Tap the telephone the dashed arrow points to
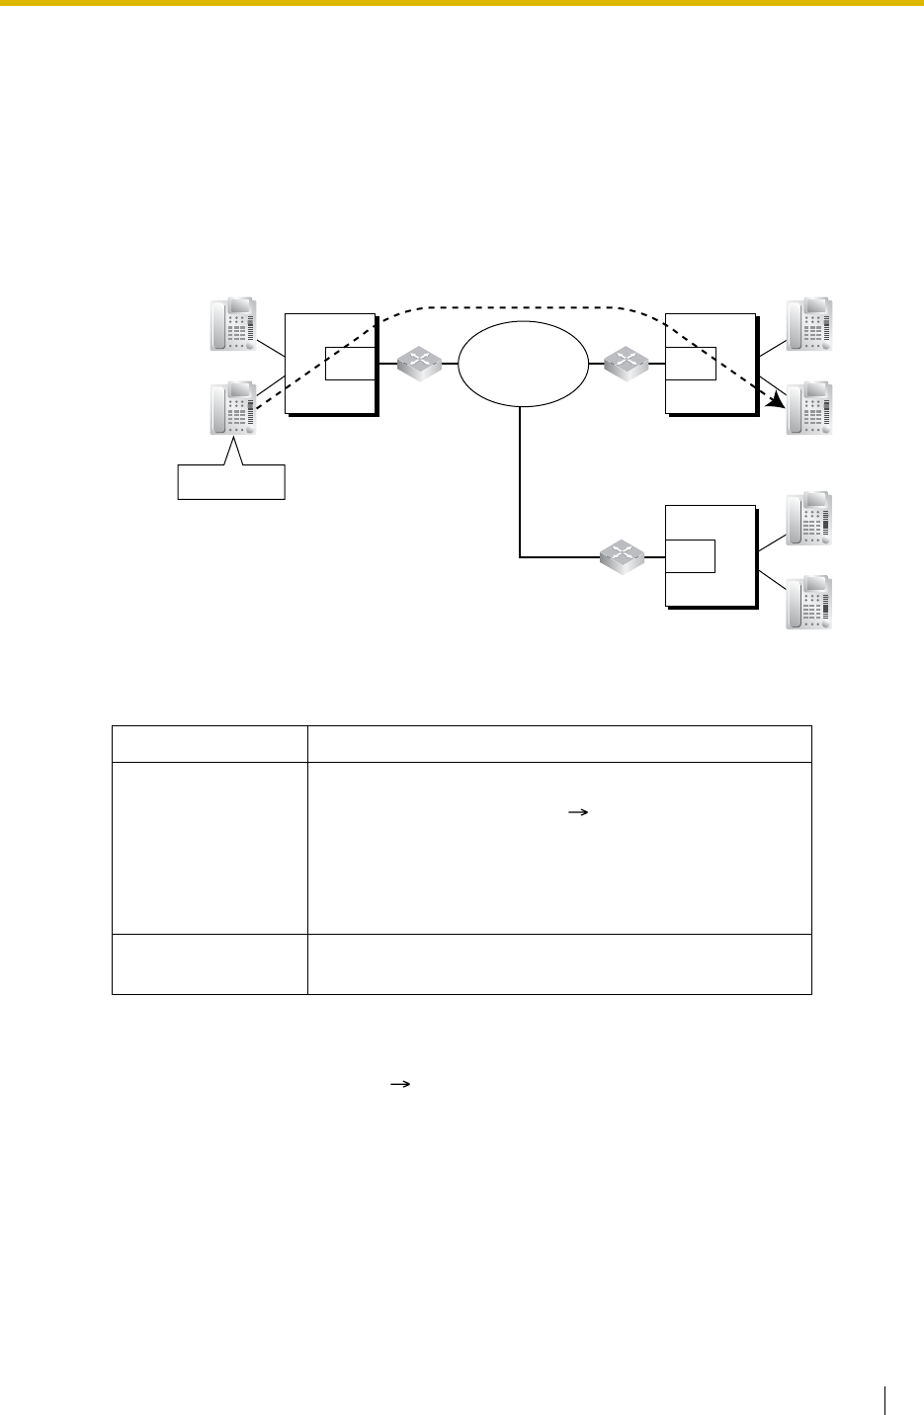point(808,408)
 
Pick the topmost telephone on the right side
point(808,324)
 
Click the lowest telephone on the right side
point(808,603)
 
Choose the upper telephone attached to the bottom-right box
point(808,518)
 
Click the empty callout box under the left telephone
point(231,480)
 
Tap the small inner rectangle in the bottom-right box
point(691,556)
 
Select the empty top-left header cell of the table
point(210,744)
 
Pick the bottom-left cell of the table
point(210,963)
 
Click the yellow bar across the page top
point(462,3)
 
